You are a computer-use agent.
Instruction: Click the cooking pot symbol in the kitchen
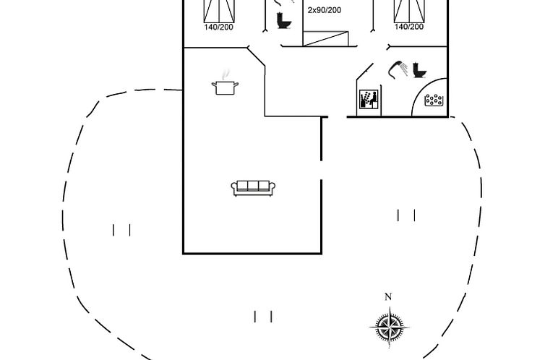225,87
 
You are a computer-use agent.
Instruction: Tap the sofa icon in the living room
252,187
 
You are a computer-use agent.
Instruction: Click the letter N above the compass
388,296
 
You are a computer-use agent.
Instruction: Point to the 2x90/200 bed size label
325,10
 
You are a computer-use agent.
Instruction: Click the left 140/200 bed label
218,27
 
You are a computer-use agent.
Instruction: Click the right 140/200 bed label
409,27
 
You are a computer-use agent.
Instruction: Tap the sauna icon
368,99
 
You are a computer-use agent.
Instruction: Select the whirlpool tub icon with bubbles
434,100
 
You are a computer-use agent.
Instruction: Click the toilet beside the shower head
419,70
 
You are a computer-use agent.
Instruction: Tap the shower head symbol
398,68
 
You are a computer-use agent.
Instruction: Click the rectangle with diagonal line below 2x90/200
325,38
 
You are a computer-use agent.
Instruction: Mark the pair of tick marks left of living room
121,230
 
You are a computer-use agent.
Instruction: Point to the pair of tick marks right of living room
406,215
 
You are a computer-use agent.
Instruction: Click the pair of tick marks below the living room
263,316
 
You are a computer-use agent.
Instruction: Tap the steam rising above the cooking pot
226,74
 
